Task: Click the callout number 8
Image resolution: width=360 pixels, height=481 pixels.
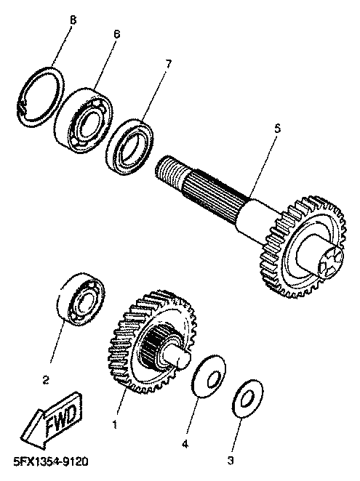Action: [73, 20]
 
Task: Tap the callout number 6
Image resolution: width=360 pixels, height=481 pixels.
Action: [116, 34]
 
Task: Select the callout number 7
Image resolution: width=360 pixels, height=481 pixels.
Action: [169, 64]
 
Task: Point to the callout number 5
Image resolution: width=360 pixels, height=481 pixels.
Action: [277, 129]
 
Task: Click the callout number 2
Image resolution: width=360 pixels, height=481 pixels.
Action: [46, 381]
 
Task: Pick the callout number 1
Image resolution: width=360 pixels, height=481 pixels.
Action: [115, 424]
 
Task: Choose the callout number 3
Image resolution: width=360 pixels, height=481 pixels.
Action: [231, 460]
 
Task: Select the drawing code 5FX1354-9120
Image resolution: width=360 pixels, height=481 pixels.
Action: [51, 461]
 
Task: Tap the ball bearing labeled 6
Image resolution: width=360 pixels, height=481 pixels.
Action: [84, 120]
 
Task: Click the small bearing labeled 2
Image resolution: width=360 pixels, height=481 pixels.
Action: [81, 298]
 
